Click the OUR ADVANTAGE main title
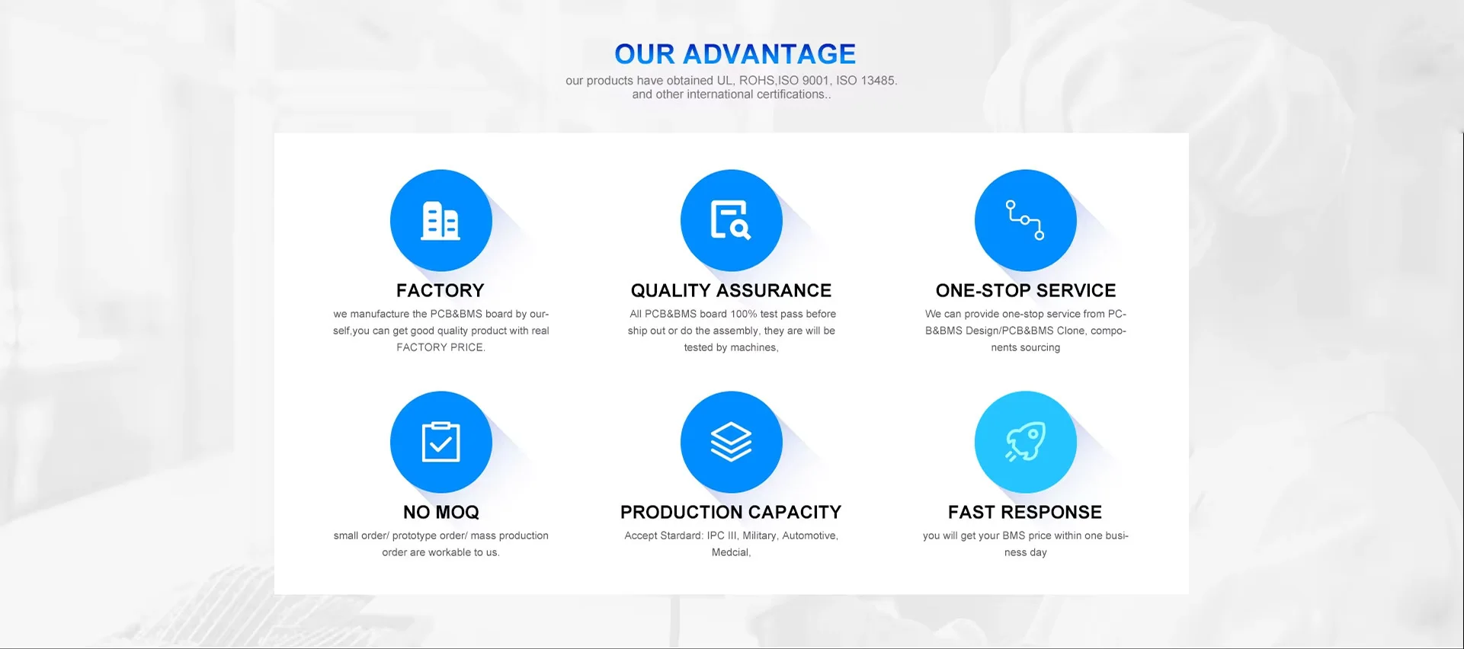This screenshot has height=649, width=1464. [735, 54]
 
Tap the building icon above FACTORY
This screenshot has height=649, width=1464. [440, 220]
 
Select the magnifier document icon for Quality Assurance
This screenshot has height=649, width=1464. [731, 220]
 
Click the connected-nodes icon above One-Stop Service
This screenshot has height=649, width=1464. [1025, 220]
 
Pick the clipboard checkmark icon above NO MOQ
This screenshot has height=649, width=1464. [440, 442]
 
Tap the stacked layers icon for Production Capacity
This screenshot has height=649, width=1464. [731, 442]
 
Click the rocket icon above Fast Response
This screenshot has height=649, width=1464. [1025, 442]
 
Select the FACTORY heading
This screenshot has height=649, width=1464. [440, 290]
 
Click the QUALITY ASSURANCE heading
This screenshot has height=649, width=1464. [731, 290]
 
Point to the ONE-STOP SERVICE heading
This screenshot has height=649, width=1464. [1026, 290]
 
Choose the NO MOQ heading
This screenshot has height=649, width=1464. [441, 512]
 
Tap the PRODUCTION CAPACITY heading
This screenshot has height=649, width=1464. [731, 512]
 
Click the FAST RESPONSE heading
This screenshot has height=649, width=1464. [1025, 512]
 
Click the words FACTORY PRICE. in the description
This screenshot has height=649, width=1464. [440, 347]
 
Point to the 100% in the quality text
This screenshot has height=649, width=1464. [743, 314]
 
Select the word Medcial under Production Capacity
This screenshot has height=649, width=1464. [731, 552]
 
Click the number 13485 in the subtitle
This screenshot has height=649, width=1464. [879, 81]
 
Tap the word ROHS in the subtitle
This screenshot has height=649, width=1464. [757, 81]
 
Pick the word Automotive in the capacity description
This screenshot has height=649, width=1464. [810, 536]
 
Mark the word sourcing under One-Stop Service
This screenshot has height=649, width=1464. [1040, 347]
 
